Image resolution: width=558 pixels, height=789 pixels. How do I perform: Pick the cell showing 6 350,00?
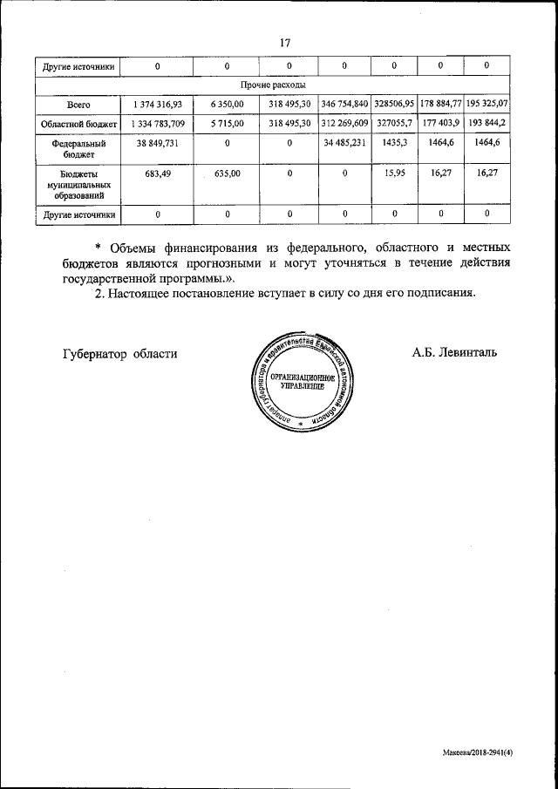click(x=227, y=105)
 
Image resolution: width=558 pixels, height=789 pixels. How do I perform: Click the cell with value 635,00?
click(x=227, y=173)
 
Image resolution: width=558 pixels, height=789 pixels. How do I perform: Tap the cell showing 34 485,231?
click(x=344, y=143)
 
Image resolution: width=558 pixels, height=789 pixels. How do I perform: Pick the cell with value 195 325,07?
click(x=487, y=105)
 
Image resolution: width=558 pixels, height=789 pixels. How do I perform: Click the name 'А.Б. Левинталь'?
click(x=455, y=353)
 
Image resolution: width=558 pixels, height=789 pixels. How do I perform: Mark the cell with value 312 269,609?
click(x=344, y=124)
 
